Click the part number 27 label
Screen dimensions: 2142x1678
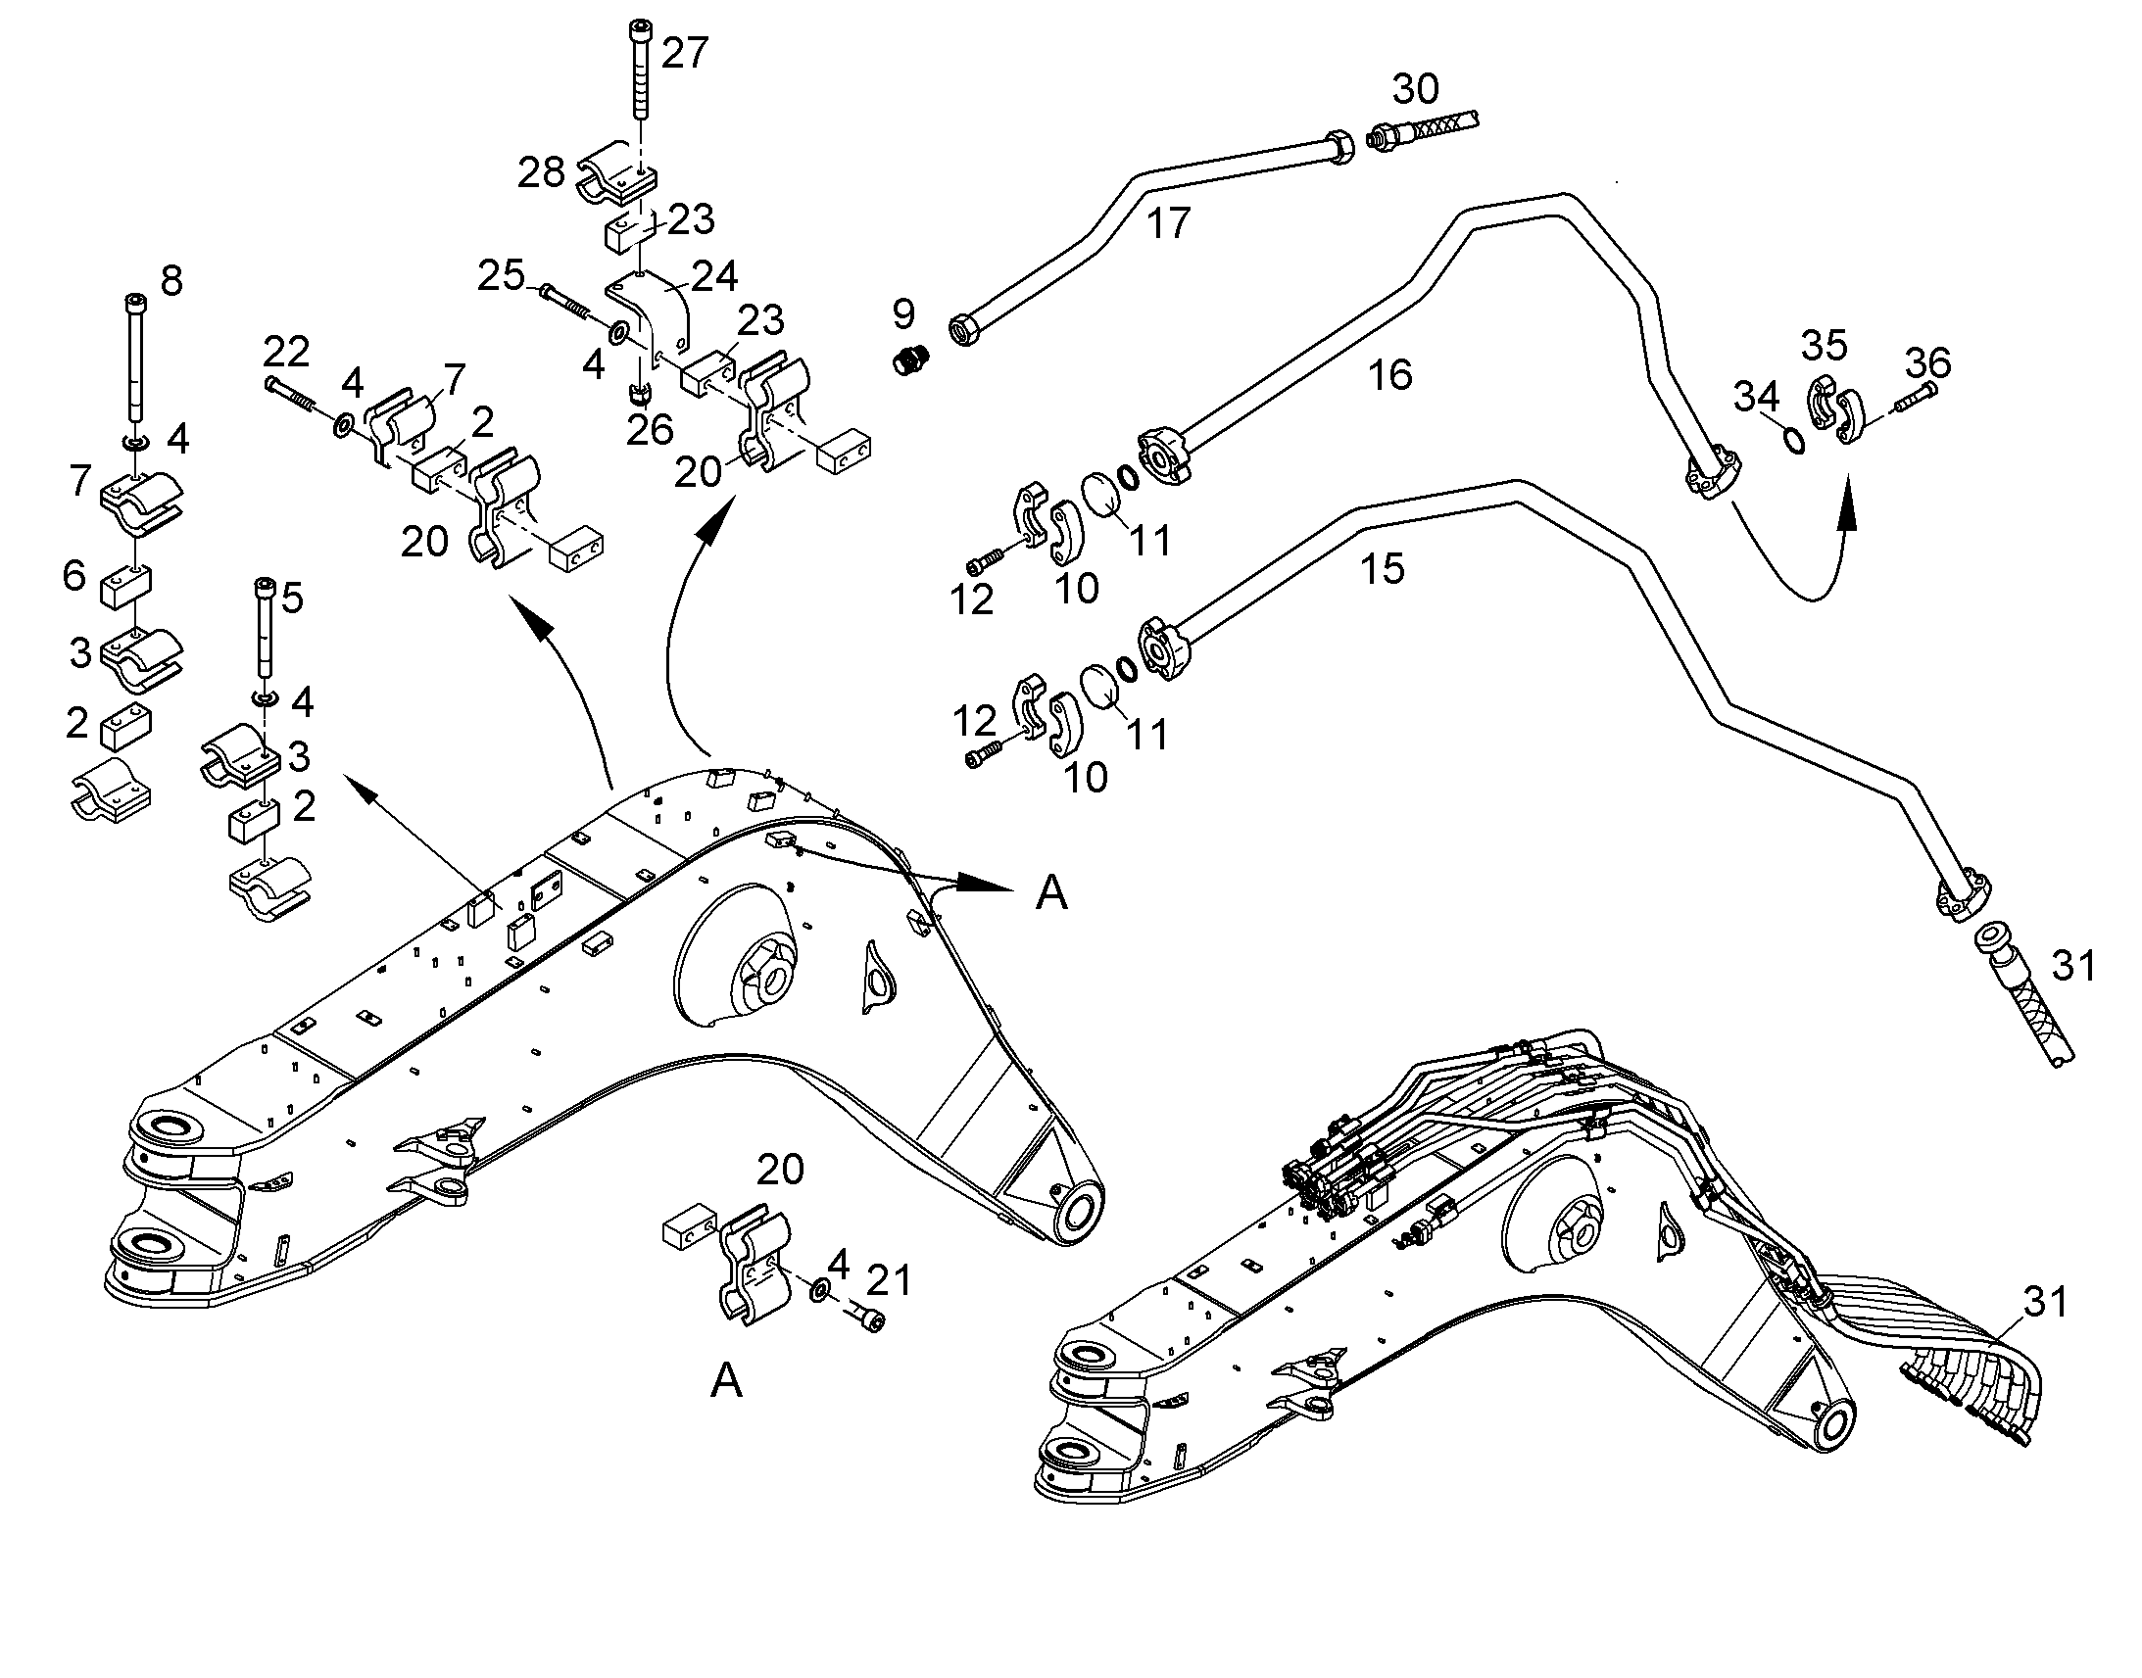click(684, 53)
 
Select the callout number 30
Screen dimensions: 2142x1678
click(1416, 89)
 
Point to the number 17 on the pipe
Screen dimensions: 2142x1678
click(1168, 224)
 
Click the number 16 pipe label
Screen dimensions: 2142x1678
click(1390, 375)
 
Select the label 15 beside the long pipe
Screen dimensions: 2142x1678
click(1382, 569)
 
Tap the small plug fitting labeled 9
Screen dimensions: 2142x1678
click(912, 359)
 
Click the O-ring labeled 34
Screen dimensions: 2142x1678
click(1793, 440)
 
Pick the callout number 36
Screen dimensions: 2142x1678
click(1927, 362)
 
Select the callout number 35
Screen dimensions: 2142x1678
click(1825, 346)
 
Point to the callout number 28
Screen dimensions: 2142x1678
click(542, 173)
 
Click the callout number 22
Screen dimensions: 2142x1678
click(286, 351)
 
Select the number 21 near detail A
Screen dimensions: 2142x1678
click(888, 1281)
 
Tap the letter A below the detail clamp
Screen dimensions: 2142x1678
click(726, 1381)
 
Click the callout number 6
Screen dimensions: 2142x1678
click(73, 576)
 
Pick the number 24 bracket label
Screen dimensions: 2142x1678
click(714, 276)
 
